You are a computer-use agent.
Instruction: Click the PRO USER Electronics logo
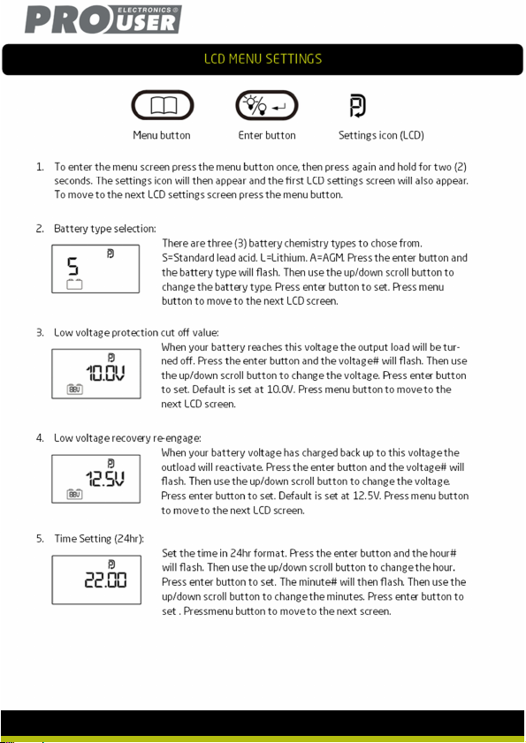click(x=103, y=19)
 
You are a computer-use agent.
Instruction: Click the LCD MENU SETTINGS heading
click(x=263, y=59)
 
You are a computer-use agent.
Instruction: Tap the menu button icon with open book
click(x=163, y=105)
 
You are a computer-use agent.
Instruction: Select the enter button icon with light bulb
click(x=267, y=105)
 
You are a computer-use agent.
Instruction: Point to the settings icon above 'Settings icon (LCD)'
click(x=358, y=105)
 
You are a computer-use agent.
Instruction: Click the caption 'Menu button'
click(x=162, y=135)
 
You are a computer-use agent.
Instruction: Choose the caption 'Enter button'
click(x=267, y=135)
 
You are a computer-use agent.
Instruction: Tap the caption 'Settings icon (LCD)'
click(x=381, y=135)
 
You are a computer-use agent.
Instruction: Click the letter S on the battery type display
click(x=72, y=266)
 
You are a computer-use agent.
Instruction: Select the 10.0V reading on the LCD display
click(x=105, y=374)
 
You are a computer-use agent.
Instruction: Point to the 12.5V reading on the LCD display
click(x=105, y=479)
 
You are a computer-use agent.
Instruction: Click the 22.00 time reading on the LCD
click(x=105, y=580)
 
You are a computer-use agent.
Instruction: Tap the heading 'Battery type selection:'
click(x=105, y=229)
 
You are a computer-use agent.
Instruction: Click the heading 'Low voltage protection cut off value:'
click(x=136, y=333)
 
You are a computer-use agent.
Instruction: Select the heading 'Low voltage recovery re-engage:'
click(x=127, y=438)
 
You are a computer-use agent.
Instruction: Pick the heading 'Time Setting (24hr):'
click(x=99, y=539)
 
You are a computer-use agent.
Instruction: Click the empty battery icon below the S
click(x=74, y=284)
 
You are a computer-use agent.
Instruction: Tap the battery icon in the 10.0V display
click(x=74, y=389)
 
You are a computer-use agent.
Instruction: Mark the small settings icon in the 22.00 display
click(x=111, y=564)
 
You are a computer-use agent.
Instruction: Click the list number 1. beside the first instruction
click(x=40, y=167)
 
